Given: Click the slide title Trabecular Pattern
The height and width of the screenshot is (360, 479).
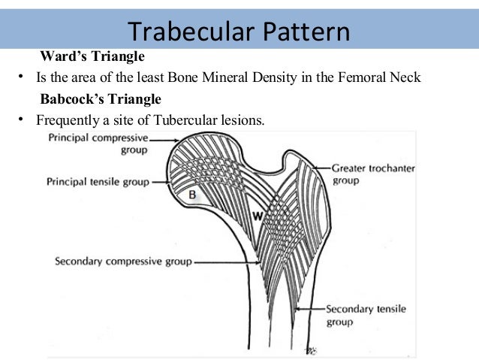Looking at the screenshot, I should (238, 32).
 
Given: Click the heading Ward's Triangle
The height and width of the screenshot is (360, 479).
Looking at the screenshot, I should (92, 56).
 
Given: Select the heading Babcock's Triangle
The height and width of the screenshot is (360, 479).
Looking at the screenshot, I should (100, 98).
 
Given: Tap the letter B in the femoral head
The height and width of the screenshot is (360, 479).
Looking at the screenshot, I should (192, 195).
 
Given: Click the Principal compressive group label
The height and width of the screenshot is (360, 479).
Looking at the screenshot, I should (98, 144).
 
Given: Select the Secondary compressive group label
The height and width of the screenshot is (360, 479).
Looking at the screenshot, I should (123, 262).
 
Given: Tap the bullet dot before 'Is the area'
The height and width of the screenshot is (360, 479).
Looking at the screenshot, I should (23, 77).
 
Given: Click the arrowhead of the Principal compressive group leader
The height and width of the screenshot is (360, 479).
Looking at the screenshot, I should (176, 140).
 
